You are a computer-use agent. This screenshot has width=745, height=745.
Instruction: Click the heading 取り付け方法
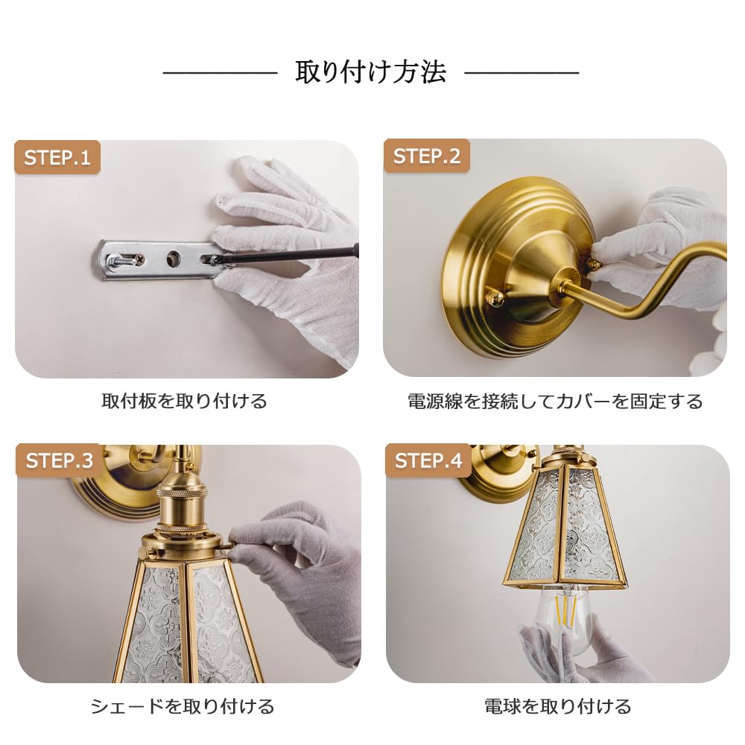(371, 72)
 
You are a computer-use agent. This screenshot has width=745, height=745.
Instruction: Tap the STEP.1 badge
(57, 158)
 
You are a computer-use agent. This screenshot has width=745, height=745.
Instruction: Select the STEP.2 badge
(427, 156)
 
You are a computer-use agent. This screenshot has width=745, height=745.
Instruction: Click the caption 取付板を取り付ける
(184, 402)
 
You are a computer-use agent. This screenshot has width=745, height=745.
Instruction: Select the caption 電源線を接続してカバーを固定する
(555, 402)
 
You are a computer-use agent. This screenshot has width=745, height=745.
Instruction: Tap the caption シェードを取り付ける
(183, 706)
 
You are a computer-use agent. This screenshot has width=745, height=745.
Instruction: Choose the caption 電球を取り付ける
(557, 706)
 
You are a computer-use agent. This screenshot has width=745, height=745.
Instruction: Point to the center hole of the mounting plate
(173, 259)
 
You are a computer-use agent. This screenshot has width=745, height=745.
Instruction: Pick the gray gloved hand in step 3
(305, 566)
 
